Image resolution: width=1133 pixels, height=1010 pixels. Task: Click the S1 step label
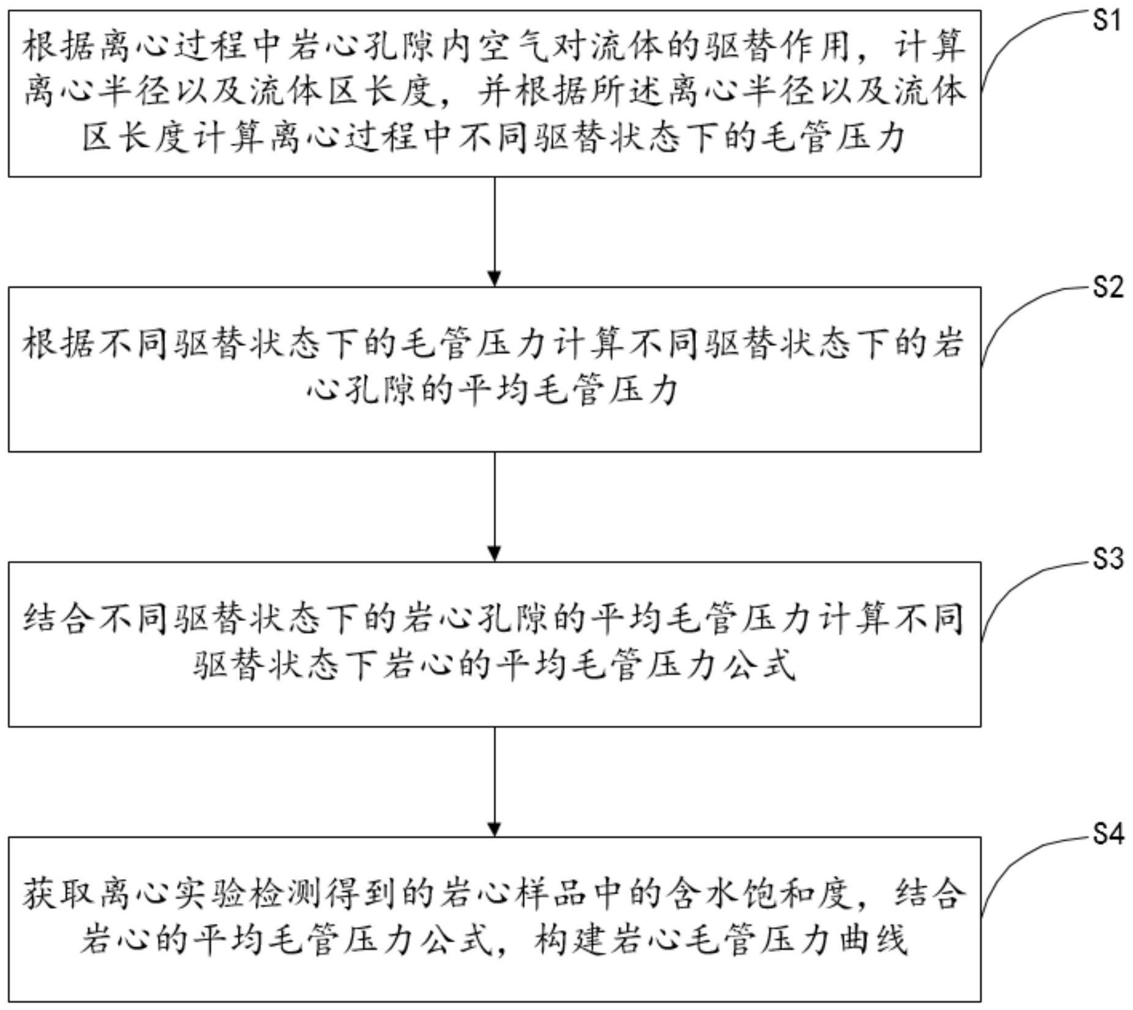pos(1107,21)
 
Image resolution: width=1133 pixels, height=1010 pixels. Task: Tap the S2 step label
pos(1109,287)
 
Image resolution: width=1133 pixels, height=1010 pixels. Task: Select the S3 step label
pos(1109,559)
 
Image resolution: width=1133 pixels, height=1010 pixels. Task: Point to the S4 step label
pos(1109,833)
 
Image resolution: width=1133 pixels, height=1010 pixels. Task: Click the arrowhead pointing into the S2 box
pos(495,278)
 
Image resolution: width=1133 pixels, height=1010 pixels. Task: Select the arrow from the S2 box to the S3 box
pos(495,507)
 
